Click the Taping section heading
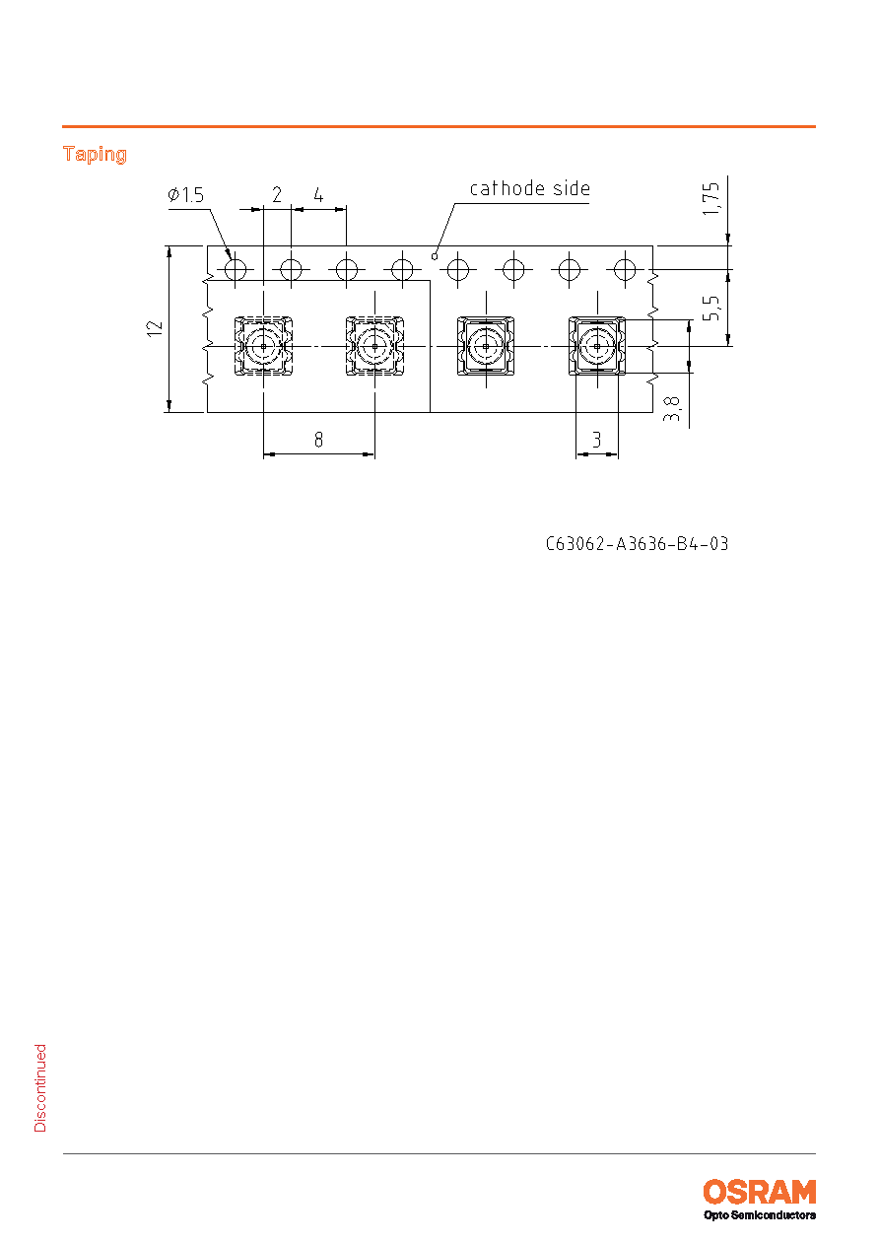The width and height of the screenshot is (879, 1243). (95, 154)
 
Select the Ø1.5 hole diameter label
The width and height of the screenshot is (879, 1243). (186, 195)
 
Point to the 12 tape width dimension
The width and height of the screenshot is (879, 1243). (156, 328)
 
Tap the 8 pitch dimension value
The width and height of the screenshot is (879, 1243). (318, 440)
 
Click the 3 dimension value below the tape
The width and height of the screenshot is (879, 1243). (597, 440)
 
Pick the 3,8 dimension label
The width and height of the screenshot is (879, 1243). (671, 408)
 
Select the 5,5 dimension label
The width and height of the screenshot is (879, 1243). (710, 308)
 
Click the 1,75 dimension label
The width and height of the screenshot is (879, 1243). (710, 199)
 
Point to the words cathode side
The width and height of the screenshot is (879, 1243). (529, 188)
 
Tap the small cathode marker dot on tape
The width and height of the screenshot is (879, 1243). (435, 256)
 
